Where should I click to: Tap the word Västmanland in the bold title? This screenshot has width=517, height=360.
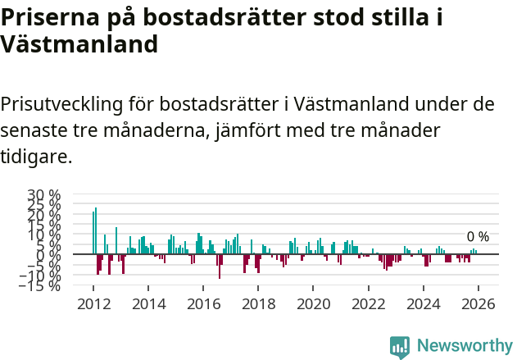[79, 45]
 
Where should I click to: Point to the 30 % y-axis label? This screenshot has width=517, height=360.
[44, 195]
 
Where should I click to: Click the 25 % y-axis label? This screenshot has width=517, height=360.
[44, 205]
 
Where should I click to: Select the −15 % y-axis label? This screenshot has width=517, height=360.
[41, 285]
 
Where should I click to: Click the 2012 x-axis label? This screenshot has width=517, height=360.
[93, 303]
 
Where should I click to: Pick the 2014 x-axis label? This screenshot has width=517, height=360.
[147, 303]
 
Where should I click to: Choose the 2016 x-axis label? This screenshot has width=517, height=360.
[202, 303]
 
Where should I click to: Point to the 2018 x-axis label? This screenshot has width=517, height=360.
[258, 303]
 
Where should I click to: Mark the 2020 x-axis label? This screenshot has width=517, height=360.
[313, 303]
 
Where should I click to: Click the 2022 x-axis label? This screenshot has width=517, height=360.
[368, 303]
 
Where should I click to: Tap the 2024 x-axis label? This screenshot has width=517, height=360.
[424, 303]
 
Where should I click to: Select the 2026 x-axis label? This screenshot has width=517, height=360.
[478, 303]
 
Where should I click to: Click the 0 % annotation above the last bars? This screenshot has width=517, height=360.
[478, 237]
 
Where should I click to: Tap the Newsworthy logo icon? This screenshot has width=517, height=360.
[400, 346]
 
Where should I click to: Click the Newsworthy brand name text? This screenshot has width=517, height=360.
[464, 346]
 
